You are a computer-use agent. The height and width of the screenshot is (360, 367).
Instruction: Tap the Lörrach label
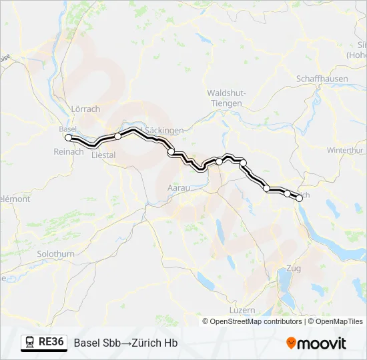pyautogui.click(x=85, y=109)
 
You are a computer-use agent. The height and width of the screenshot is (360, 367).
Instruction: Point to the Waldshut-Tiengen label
pyautogui.click(x=225, y=98)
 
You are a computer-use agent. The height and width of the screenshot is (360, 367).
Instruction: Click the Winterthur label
pyautogui.click(x=344, y=150)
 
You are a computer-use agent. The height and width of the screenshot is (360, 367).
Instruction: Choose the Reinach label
pyautogui.click(x=69, y=151)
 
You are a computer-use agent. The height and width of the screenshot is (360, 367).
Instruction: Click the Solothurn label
pyautogui.click(x=56, y=254)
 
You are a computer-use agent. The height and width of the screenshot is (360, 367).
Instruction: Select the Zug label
pyautogui.click(x=292, y=269)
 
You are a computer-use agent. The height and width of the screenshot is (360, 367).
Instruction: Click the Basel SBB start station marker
pyautogui.click(x=68, y=137)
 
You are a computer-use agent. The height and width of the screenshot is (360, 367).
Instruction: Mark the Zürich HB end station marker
pyautogui.click(x=300, y=198)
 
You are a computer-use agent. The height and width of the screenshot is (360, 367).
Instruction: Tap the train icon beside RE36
pyautogui.click(x=29, y=343)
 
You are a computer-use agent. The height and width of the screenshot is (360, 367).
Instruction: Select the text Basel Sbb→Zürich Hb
pyautogui.click(x=125, y=343)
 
